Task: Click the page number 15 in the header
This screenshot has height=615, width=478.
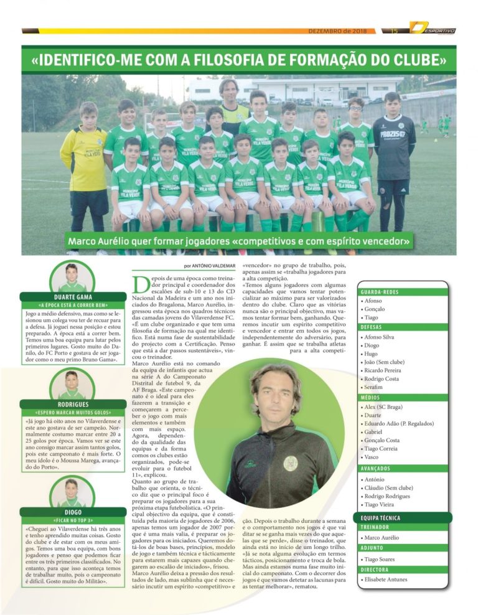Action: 394,31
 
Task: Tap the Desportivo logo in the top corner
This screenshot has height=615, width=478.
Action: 432,29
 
